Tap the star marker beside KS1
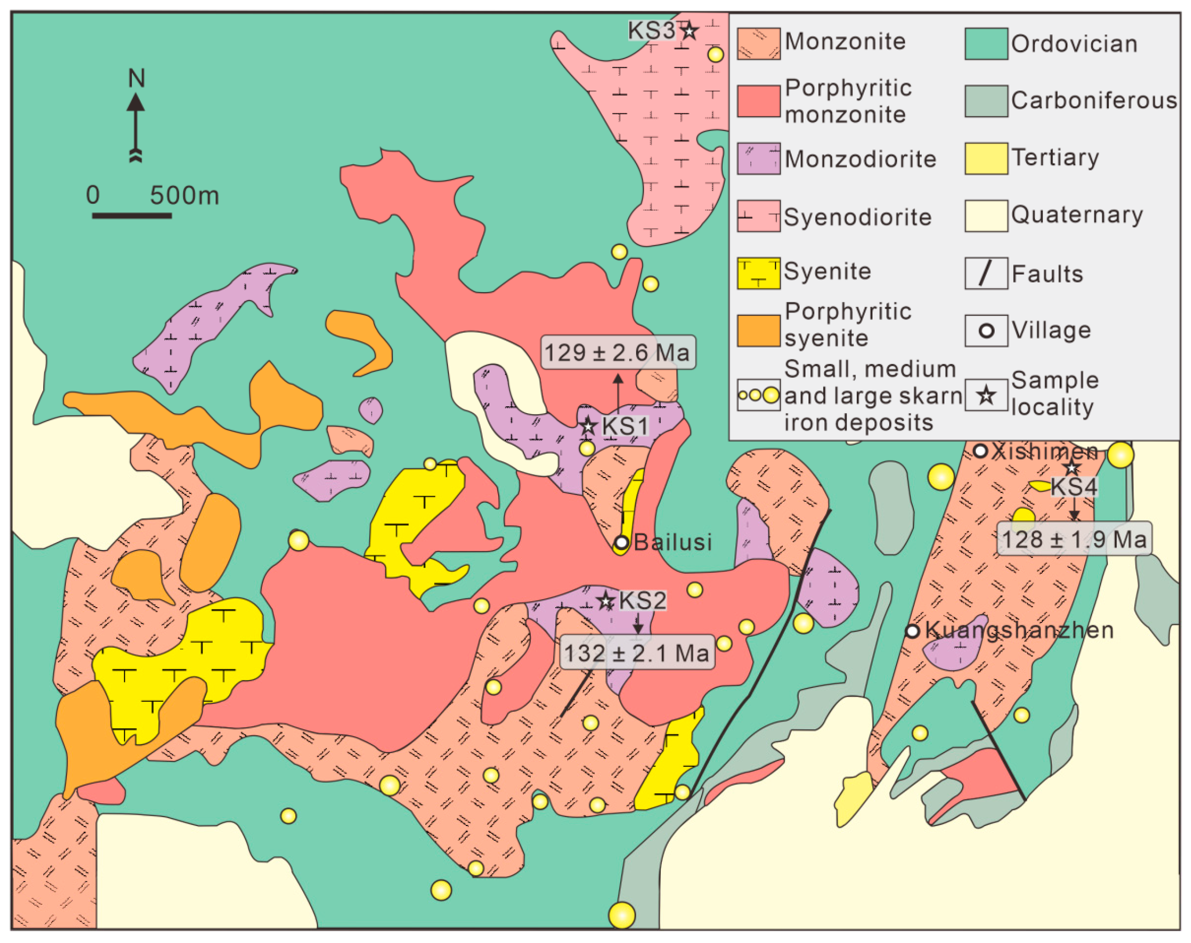point(588,426)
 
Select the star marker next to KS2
point(606,601)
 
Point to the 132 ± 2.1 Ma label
point(636,653)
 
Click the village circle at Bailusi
point(621,542)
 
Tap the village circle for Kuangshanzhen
point(912,631)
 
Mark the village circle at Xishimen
point(979,451)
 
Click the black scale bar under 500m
point(131,215)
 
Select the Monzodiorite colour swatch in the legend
point(758,159)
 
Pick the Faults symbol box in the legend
point(986,273)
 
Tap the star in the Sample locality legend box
point(986,395)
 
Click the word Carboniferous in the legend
point(1093,100)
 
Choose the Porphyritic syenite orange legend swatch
point(758,331)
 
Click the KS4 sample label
point(1073,487)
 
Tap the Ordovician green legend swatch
point(986,44)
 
